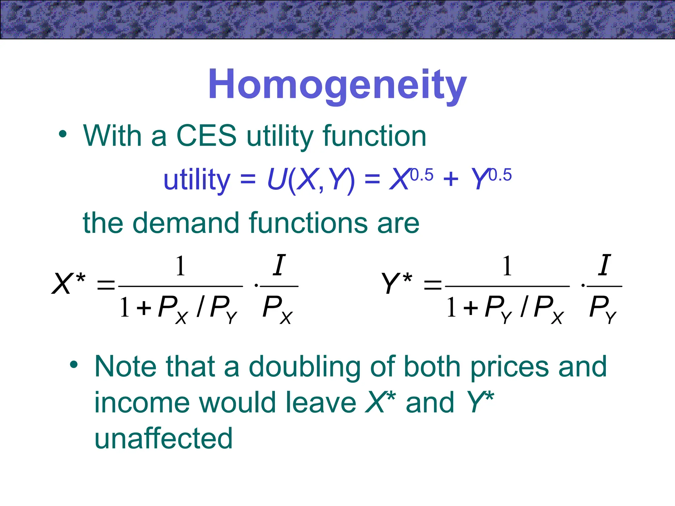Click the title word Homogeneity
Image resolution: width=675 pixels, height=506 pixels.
337,84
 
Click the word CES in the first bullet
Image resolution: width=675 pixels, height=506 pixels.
206,136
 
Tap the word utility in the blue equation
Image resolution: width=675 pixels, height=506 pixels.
196,180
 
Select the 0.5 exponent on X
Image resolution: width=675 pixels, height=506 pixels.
422,175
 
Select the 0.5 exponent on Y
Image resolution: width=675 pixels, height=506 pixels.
500,175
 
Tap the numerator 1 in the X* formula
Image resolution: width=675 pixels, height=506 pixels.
180,266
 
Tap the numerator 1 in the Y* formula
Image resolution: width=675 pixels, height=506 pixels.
507,266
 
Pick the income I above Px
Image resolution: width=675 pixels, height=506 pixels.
279,265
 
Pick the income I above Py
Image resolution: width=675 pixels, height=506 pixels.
604,265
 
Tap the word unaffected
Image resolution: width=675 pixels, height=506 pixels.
163,438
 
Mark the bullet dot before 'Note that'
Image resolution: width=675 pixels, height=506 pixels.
74,364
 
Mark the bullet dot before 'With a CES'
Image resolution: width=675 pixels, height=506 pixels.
63,134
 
